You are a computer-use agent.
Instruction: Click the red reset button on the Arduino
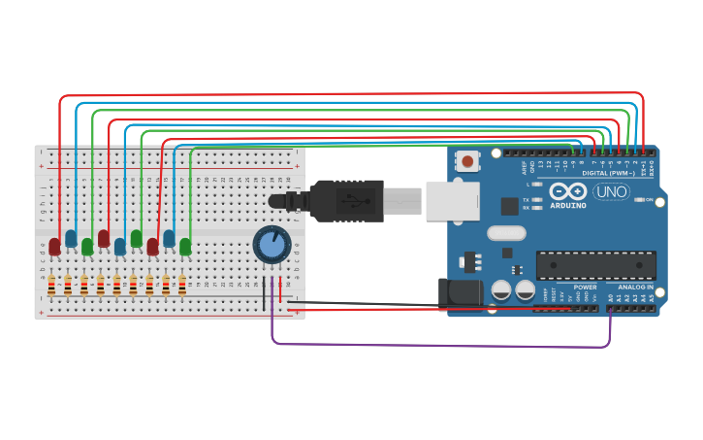[x=468, y=161]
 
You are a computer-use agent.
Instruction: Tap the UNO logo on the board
[x=611, y=192]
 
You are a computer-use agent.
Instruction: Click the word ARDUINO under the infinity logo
[x=567, y=206]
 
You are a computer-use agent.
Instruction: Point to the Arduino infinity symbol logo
[x=567, y=191]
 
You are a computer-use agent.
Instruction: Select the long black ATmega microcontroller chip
[x=595, y=265]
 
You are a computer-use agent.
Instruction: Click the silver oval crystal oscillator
[x=506, y=233]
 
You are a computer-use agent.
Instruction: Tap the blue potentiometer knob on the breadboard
[x=272, y=245]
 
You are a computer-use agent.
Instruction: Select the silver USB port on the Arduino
[x=452, y=201]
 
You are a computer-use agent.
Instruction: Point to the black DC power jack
[x=456, y=295]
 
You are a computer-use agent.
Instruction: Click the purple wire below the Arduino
[x=436, y=345]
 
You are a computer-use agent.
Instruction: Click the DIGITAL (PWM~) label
[x=609, y=174]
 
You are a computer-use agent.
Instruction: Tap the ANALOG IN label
[x=635, y=288]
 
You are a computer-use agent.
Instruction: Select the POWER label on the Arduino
[x=585, y=288]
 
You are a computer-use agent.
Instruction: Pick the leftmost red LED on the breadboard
[x=54, y=246]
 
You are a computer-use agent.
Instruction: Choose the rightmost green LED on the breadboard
[x=185, y=247]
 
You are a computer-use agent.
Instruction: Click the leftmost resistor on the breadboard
[x=51, y=285]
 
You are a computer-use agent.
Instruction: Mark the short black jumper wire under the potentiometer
[x=264, y=293]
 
